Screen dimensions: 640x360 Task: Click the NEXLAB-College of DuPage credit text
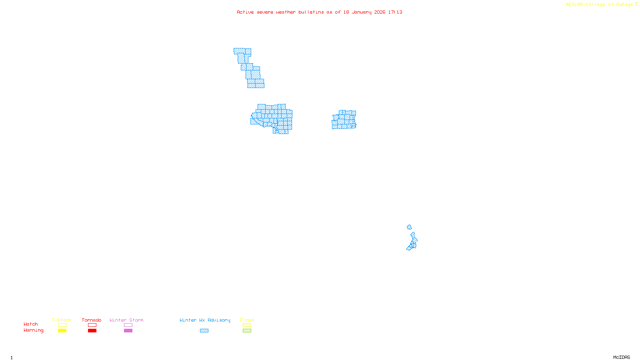tap(599, 5)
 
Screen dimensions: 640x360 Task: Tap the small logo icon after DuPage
tap(636, 4)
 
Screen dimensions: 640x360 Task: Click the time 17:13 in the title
tap(395, 12)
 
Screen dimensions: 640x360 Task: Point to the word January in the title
tap(362, 12)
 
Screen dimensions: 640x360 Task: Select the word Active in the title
tap(245, 12)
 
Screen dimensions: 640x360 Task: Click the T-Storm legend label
tap(62, 320)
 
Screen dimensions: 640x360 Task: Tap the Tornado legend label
tap(92, 320)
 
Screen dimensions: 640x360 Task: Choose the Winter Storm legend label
tap(126, 320)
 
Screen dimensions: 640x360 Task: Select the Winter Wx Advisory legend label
tap(205, 320)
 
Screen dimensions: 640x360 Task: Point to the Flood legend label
tap(247, 320)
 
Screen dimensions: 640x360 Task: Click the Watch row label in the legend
tap(31, 324)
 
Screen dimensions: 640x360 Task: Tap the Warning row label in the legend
tap(33, 330)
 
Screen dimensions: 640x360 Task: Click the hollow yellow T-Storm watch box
tap(62, 325)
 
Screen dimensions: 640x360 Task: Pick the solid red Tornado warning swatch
tap(92, 331)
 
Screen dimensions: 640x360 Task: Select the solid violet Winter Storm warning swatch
tap(128, 331)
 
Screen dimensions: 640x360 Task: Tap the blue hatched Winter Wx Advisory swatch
tap(204, 331)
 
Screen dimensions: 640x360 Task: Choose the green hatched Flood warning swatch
tap(247, 331)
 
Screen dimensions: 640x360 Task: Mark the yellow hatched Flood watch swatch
tap(247, 325)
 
